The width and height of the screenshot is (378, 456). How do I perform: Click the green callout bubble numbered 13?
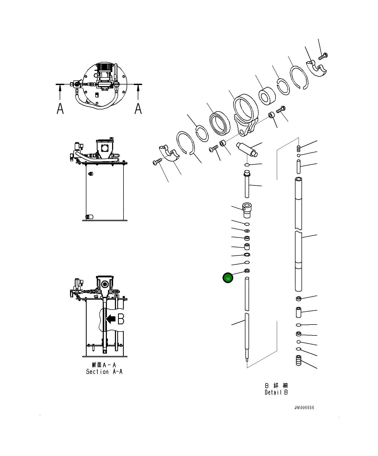pyautogui.click(x=228, y=278)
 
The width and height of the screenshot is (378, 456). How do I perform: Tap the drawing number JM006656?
pyautogui.click(x=304, y=408)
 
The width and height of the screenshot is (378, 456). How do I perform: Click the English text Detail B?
pyautogui.click(x=276, y=392)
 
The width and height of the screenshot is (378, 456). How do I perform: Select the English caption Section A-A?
pyautogui.click(x=104, y=372)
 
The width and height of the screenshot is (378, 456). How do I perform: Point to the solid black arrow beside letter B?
pyautogui.click(x=111, y=319)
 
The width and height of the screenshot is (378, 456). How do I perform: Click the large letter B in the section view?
pyautogui.click(x=121, y=319)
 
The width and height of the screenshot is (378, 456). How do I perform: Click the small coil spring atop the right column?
pyautogui.click(x=299, y=148)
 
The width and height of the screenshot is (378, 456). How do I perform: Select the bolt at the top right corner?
pyautogui.click(x=323, y=56)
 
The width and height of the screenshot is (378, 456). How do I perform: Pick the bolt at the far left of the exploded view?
pyautogui.click(x=157, y=162)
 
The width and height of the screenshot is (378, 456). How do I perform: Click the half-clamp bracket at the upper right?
pyautogui.click(x=317, y=68)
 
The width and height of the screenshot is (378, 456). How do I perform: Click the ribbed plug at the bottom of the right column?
pyautogui.click(x=299, y=360)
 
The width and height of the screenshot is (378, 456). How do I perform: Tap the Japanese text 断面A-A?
pyautogui.click(x=104, y=365)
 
